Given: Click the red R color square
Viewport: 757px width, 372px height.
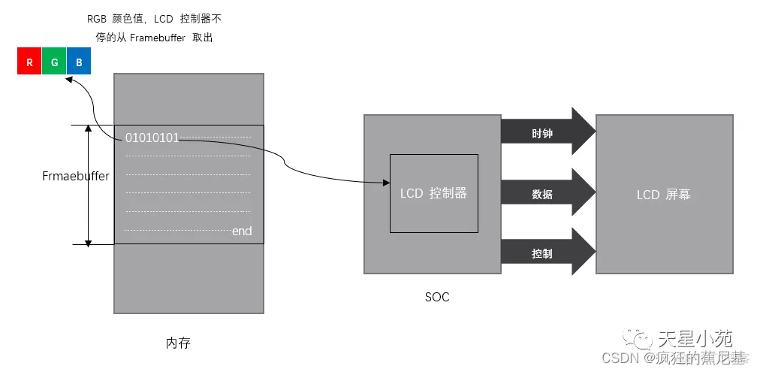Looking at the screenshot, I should tap(29, 62).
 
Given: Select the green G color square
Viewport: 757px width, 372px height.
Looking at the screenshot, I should tap(54, 62).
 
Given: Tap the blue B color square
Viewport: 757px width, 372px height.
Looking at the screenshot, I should tap(79, 62).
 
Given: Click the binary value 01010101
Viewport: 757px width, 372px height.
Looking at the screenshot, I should tap(152, 138).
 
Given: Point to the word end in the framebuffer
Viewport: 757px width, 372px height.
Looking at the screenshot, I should tap(242, 231).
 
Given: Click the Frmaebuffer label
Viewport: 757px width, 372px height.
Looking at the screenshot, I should tap(75, 177).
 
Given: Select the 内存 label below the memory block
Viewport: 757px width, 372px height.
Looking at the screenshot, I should tap(178, 343).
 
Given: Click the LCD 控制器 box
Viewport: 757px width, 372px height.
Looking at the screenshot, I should tap(433, 193).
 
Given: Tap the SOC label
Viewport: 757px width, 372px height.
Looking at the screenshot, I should tap(437, 297).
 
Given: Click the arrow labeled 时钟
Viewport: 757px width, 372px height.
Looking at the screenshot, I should tap(547, 133).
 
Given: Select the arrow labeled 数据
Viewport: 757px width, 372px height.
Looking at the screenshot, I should tap(547, 194).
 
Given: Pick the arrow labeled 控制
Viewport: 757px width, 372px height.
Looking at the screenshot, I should tap(547, 253).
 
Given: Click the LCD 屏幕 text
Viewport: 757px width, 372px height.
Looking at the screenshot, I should tap(663, 195).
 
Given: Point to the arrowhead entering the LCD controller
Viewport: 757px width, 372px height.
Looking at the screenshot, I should tap(385, 183).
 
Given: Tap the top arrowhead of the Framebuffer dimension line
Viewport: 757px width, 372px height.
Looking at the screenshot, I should tap(89, 129).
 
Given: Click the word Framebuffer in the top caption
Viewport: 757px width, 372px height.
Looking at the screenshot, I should tap(158, 37).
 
